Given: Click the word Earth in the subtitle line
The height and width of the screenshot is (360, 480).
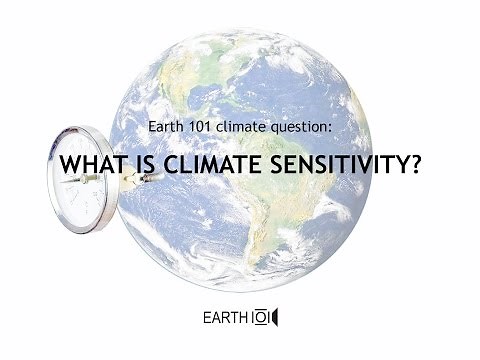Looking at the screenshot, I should (164, 128).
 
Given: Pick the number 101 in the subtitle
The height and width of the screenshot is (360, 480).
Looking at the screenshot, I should (199, 128).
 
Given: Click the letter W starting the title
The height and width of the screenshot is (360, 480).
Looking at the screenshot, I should (69, 165).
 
